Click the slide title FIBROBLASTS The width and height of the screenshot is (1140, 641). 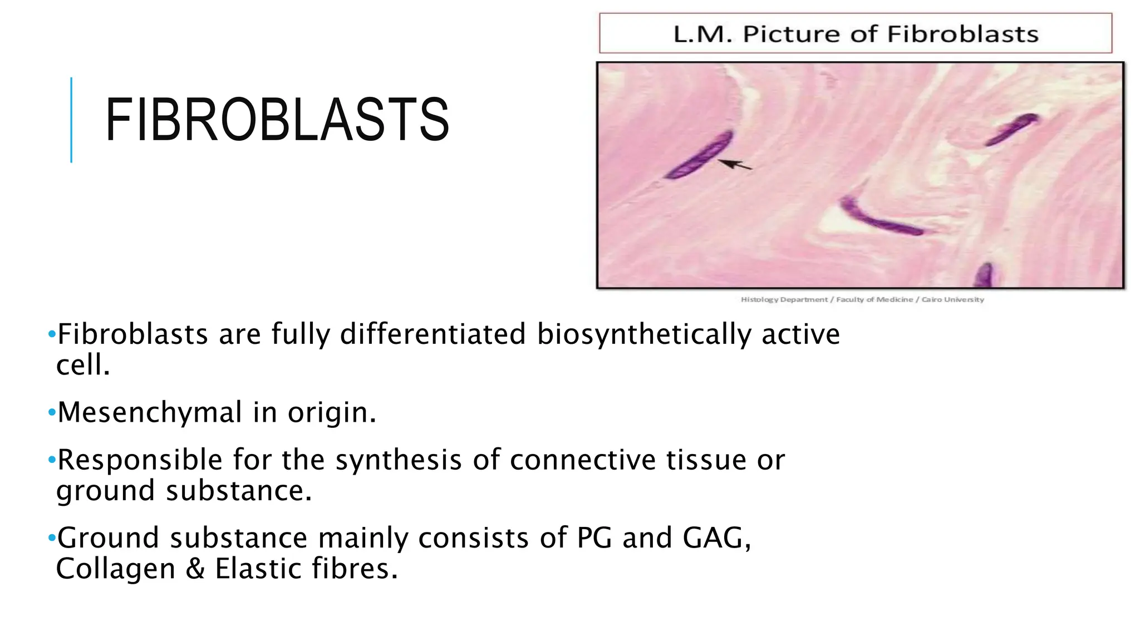click(277, 120)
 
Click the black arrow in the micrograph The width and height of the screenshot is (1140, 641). click(735, 165)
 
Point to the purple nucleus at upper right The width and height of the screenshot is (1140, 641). click(1011, 129)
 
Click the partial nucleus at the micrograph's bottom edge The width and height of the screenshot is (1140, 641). click(985, 275)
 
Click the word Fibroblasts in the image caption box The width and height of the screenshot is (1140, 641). click(962, 34)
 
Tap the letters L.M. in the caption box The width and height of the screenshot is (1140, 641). click(702, 34)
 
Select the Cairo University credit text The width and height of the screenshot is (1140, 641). click(952, 299)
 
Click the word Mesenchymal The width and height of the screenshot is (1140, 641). click(150, 413)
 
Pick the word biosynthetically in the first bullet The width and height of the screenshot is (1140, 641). click(643, 335)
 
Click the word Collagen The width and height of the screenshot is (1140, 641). click(116, 569)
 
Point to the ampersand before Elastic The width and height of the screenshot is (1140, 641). click(195, 569)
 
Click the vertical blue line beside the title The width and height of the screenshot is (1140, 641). click(71, 120)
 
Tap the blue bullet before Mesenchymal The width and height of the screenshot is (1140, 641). click(52, 413)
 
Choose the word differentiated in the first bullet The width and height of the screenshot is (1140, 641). click(433, 335)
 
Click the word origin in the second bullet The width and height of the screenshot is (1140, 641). click(332, 413)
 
